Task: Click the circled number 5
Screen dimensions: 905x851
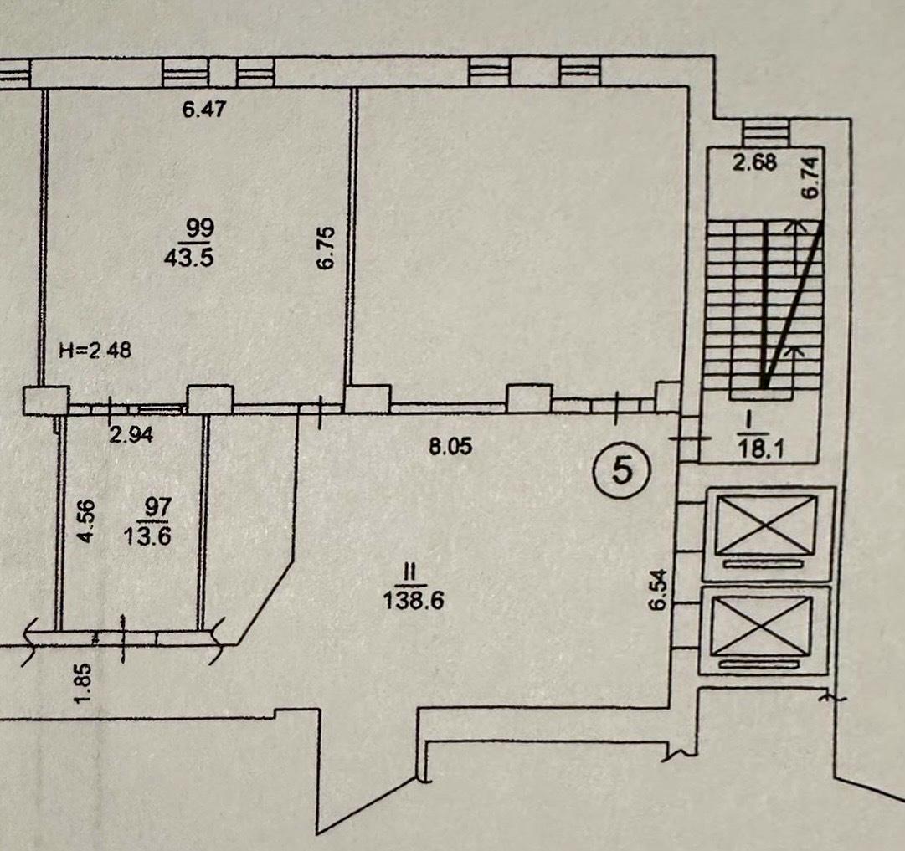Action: (x=621, y=470)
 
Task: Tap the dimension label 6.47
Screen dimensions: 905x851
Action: (x=203, y=109)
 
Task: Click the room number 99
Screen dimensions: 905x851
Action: (x=200, y=228)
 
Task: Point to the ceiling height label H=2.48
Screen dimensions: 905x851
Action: (x=95, y=350)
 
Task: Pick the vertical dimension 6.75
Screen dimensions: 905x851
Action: (x=326, y=248)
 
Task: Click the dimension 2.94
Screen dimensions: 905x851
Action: (x=131, y=433)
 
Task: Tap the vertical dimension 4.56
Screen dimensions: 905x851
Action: (x=86, y=521)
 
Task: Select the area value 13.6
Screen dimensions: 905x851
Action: (x=147, y=536)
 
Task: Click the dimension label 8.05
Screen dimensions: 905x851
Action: (x=450, y=446)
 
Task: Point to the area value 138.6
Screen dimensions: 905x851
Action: (x=414, y=601)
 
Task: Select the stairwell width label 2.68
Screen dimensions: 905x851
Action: (x=755, y=162)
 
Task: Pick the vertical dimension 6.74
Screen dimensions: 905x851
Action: (x=810, y=178)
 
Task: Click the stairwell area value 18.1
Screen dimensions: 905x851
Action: (x=762, y=449)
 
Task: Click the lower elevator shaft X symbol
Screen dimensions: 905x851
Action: (x=763, y=626)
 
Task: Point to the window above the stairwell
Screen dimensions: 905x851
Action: (x=765, y=133)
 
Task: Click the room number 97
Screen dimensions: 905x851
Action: (x=157, y=507)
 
